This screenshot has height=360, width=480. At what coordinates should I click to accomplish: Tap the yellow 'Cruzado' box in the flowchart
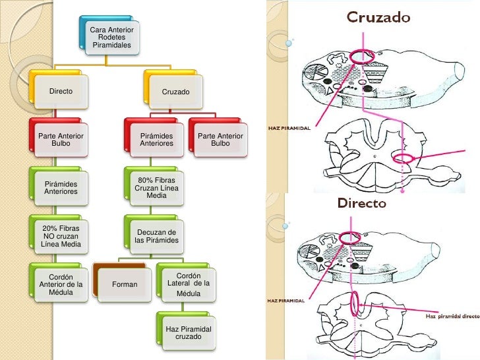tap(175, 91)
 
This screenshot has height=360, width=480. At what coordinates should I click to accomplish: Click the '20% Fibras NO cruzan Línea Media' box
tap(60, 235)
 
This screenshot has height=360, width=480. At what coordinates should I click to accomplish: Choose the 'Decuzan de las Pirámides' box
tap(156, 236)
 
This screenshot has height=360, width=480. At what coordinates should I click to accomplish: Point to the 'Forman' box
tap(125, 285)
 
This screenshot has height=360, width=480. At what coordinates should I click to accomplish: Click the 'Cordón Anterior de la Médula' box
tap(60, 284)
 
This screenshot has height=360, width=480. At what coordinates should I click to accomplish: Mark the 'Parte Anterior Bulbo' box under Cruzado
tap(220, 139)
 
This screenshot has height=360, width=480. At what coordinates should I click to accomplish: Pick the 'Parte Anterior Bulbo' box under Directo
tap(60, 139)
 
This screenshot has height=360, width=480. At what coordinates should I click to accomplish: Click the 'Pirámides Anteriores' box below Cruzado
tap(156, 139)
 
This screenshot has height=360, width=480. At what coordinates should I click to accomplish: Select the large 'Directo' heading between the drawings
tap(362, 204)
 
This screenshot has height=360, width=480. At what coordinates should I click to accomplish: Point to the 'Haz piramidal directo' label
tap(452, 316)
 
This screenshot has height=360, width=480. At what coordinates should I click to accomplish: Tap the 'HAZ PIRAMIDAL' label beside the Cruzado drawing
tap(289, 128)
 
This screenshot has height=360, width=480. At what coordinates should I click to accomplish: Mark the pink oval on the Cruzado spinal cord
tap(403, 158)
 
